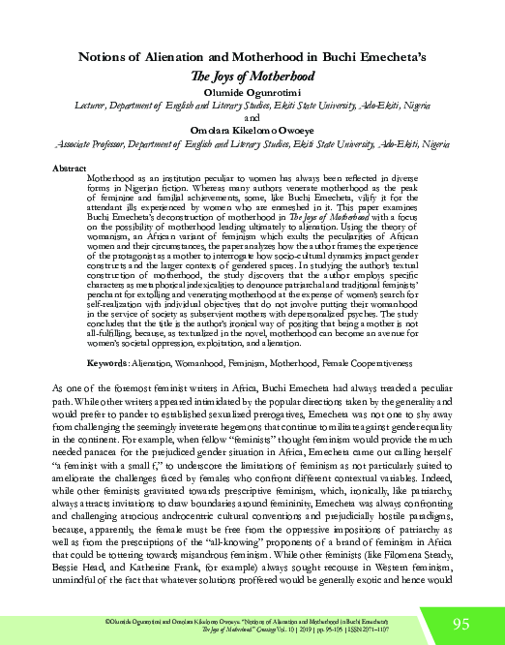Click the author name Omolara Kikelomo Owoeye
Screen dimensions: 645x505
252,132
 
